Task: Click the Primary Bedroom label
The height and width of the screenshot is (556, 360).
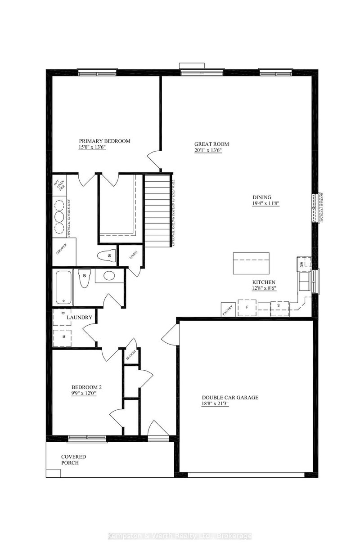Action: coord(105,141)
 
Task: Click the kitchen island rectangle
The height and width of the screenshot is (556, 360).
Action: coord(251,263)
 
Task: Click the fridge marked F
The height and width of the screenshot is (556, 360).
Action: coord(247,308)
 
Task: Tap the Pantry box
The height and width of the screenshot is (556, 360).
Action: coord(227,310)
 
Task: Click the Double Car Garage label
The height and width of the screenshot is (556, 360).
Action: coord(229,398)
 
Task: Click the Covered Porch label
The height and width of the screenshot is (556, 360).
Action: coord(73,459)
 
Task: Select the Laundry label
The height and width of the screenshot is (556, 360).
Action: coord(80,318)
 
